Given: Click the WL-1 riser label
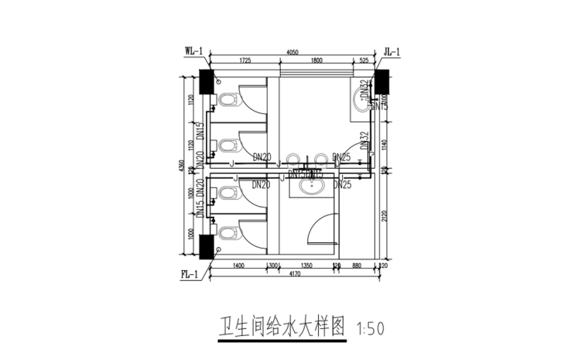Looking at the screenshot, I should [193, 52].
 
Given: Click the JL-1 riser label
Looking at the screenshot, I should [391, 52].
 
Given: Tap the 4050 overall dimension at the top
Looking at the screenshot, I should [292, 52].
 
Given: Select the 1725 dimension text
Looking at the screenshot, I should [245, 60].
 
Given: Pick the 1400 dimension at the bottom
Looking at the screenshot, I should [238, 266].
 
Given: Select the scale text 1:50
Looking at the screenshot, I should [371, 328].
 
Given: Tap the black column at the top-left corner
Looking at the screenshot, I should [207, 81].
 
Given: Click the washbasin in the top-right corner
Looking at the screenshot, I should [362, 97].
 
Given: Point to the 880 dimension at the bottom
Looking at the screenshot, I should [356, 266].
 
